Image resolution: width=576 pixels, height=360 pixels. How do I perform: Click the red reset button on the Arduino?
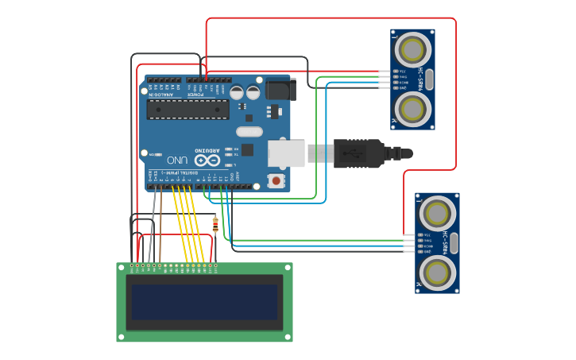276,180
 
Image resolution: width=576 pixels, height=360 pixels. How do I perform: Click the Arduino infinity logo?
207,160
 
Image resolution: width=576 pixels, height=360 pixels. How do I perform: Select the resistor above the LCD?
215,224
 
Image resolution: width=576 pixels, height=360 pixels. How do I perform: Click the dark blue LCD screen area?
205,302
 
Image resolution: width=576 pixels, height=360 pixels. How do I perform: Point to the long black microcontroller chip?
187,109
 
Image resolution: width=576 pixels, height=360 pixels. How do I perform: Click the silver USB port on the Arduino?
287,153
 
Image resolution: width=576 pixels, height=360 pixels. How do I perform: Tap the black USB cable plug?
358,153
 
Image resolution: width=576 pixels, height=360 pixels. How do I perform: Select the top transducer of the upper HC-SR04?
412,50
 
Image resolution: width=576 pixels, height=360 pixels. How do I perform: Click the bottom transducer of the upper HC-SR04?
412,107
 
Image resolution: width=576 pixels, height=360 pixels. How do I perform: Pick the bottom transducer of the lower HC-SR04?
436,273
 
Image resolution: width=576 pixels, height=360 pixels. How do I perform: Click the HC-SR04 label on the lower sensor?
446,242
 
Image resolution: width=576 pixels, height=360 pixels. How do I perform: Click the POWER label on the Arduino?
195,94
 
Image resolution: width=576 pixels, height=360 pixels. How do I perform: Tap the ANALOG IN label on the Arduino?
161,94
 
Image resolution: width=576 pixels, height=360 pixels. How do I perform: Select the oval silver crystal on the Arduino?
249,132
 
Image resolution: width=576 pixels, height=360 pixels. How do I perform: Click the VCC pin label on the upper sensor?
402,71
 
